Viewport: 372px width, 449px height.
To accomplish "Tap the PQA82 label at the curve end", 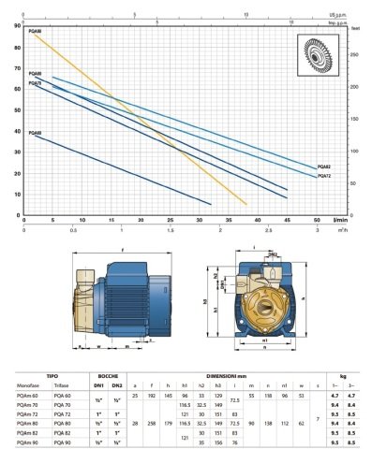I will click(323, 167).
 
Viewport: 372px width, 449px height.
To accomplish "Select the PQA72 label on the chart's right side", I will click(323, 175).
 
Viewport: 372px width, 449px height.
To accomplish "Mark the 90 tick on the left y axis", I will click(19, 25).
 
